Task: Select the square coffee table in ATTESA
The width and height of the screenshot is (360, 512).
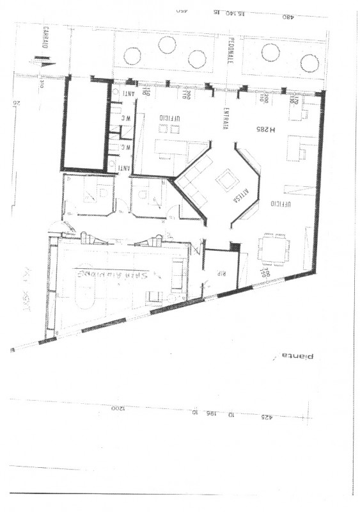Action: (x=226, y=180)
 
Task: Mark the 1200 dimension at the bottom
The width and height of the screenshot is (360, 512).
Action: (x=116, y=408)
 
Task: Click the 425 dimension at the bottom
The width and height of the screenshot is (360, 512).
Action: (x=265, y=417)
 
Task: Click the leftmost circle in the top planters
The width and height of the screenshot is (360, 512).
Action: (x=132, y=56)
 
